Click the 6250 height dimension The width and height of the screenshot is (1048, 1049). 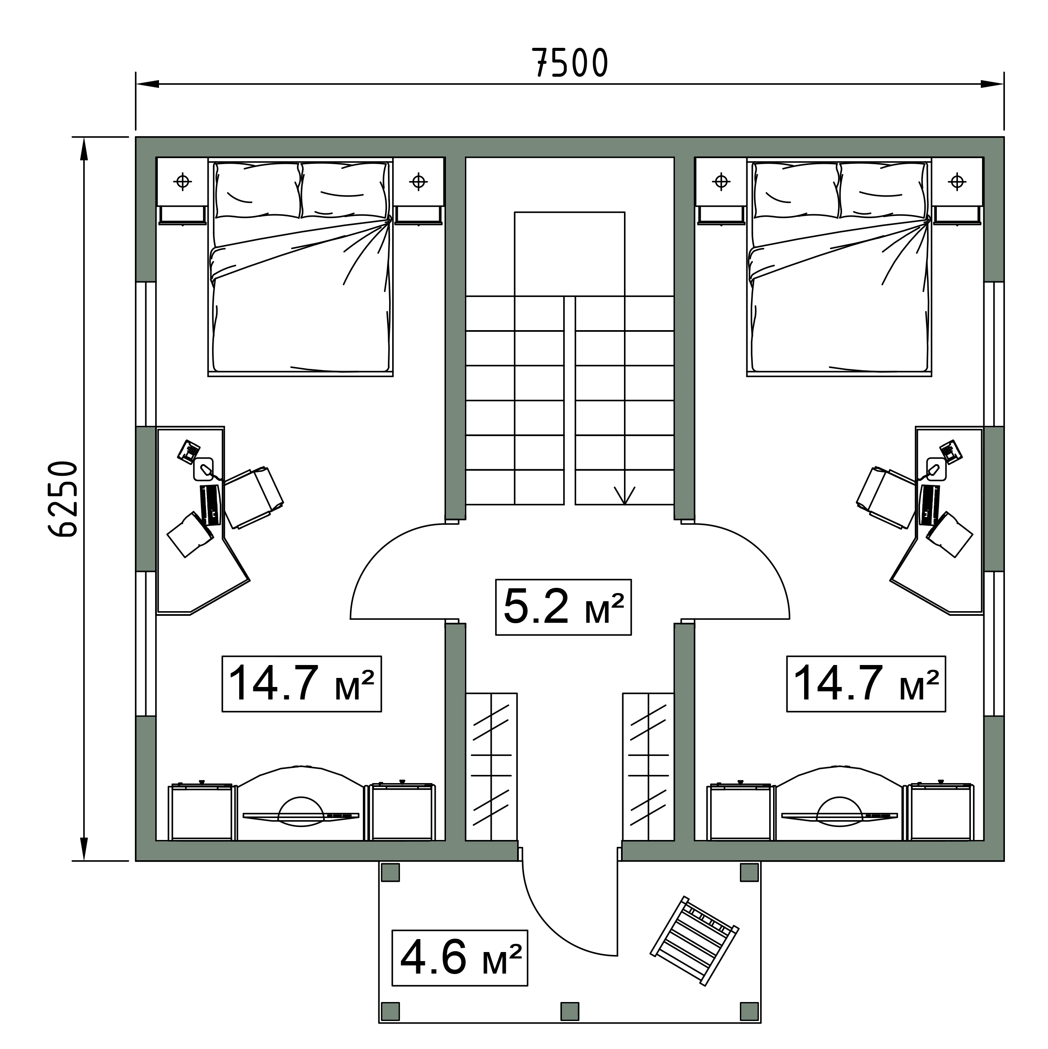click(x=63, y=499)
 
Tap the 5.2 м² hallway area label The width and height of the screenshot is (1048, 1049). click(x=563, y=606)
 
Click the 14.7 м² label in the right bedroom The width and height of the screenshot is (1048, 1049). click(x=866, y=684)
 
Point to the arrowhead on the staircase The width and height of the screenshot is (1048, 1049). click(x=624, y=495)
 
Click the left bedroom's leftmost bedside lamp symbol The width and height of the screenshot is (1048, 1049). click(x=183, y=181)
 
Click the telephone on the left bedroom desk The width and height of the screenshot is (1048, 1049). click(x=189, y=451)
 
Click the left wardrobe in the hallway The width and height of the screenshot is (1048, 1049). click(x=491, y=767)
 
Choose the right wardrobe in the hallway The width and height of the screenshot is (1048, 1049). click(x=649, y=767)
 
